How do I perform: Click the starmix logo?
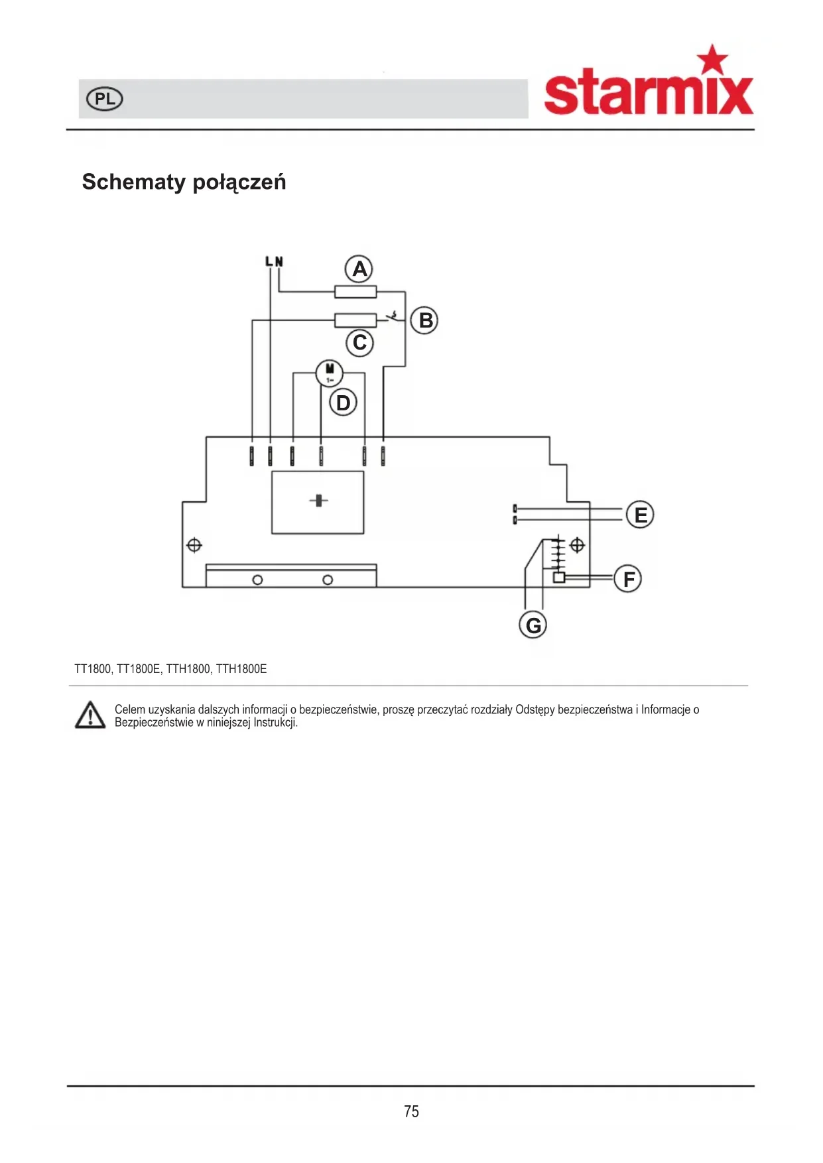(x=649, y=81)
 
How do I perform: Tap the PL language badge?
(x=105, y=99)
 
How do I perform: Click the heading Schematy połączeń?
(x=184, y=182)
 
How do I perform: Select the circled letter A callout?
(x=359, y=269)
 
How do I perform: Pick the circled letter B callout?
(x=424, y=320)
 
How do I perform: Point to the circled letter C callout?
(x=360, y=343)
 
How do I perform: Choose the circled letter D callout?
(x=343, y=402)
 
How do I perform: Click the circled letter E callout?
(x=640, y=515)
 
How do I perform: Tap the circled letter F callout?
(x=628, y=579)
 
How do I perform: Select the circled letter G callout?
(x=533, y=625)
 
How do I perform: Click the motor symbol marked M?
(x=329, y=373)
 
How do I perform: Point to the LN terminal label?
(x=274, y=262)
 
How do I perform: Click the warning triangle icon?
(x=90, y=715)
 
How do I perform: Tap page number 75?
(x=411, y=1111)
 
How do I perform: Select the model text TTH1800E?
(x=241, y=669)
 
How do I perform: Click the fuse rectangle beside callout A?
(x=355, y=292)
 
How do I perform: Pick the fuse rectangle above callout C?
(x=355, y=321)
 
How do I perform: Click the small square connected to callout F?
(x=559, y=578)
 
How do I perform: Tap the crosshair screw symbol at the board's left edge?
(x=194, y=546)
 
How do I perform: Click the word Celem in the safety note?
(x=130, y=709)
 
